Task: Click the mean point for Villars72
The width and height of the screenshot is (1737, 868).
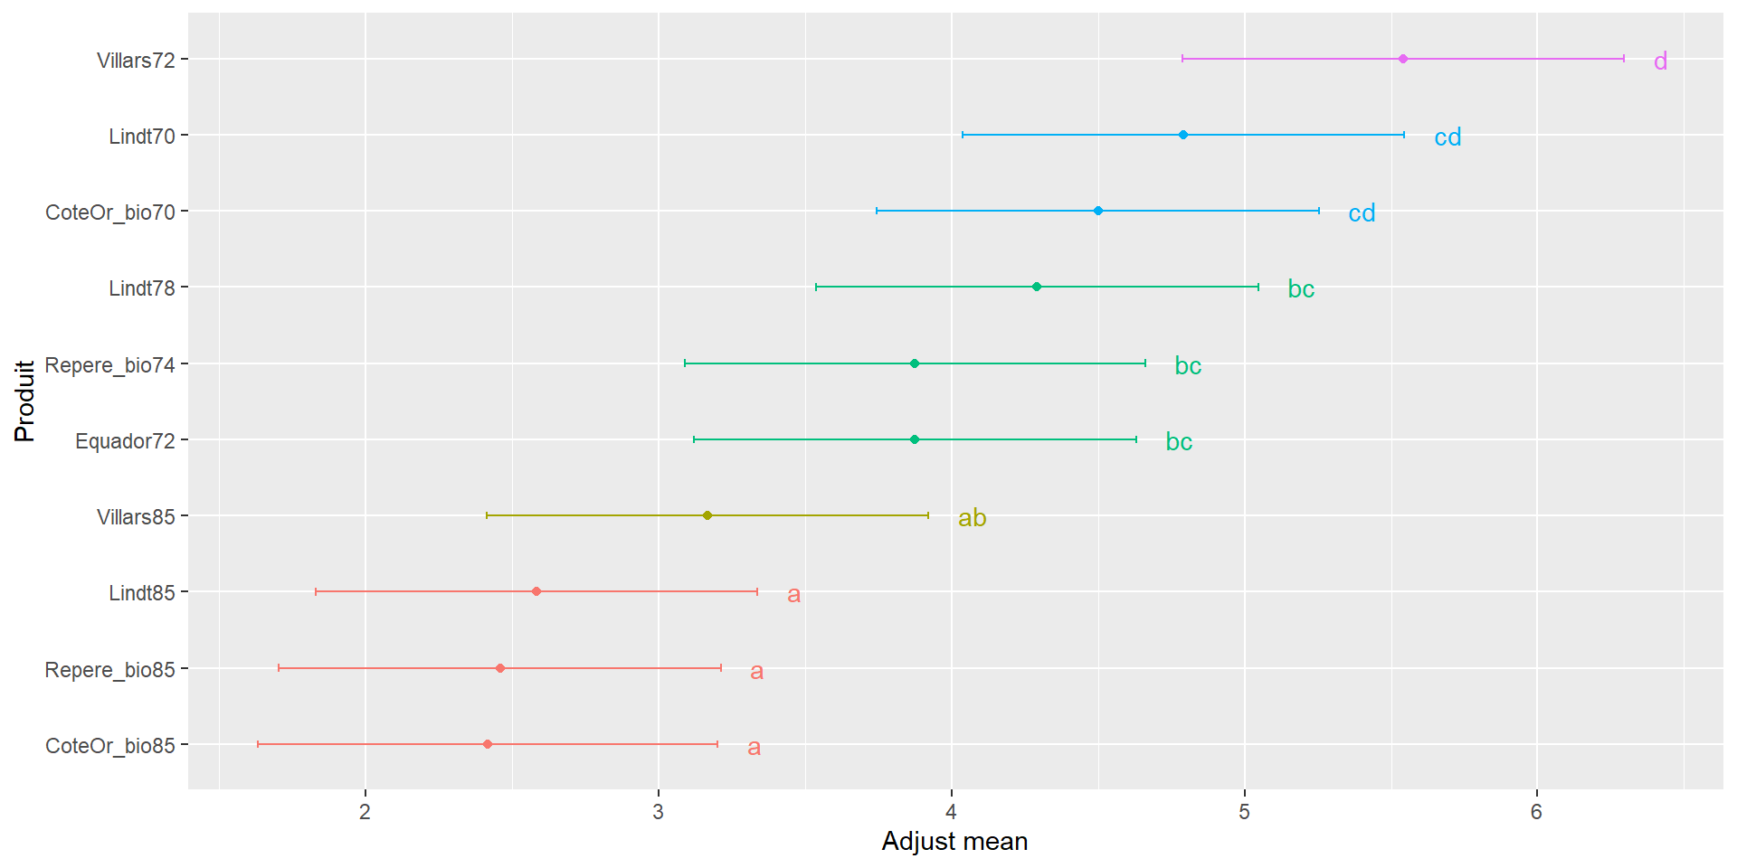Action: coord(1402,59)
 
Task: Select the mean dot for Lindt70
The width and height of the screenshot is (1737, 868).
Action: coord(1182,135)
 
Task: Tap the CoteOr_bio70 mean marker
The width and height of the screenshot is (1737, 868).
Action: coord(1097,211)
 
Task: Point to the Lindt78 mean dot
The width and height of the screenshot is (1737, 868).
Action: coord(1036,287)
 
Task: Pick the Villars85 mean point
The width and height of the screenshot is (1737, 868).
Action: coord(707,515)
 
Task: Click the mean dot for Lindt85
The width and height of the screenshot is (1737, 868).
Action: coord(536,591)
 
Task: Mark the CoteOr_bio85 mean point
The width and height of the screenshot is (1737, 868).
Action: coord(487,744)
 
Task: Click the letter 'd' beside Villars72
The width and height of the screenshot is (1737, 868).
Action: coord(1660,61)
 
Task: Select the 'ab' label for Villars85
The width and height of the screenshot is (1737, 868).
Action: coord(972,517)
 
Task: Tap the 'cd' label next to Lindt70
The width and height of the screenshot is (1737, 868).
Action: coord(1447,137)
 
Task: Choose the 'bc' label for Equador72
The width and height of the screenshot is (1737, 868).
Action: coord(1179,441)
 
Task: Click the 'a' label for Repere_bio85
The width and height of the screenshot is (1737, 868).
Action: coord(756,671)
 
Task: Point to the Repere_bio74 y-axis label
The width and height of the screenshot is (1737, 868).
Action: coord(109,365)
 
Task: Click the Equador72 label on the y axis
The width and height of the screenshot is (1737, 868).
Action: coord(125,441)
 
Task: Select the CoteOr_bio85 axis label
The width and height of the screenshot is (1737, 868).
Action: coord(109,746)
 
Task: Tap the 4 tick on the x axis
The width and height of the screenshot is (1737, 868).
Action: coord(951,812)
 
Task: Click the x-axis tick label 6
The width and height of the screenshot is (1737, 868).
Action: coord(1536,812)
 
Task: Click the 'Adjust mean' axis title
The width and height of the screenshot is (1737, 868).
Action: coord(954,842)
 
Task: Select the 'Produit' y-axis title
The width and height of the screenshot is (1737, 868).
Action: coord(24,401)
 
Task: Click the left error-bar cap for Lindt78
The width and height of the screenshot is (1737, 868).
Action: coord(816,287)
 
